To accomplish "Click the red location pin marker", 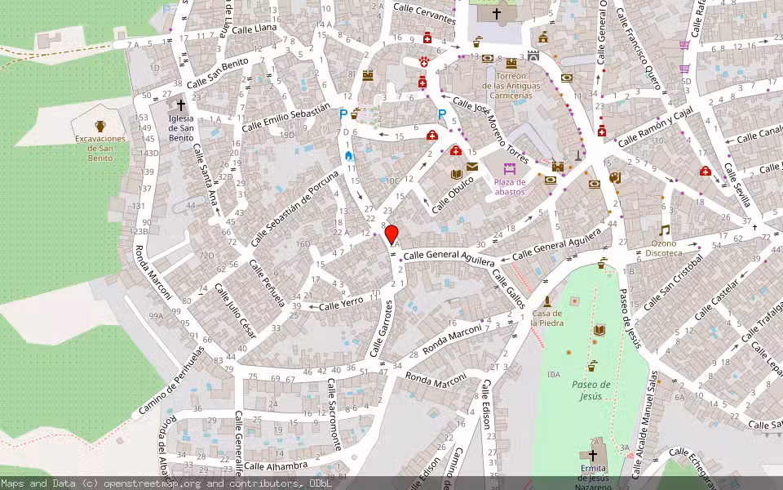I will pos(391,234).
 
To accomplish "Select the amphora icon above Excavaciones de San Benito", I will pos(100,126).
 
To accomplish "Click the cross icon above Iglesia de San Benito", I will pos(181,105).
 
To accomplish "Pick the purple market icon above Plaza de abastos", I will pos(498,169).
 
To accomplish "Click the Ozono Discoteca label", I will pos(666,248).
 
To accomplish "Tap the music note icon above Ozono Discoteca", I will pos(665,230).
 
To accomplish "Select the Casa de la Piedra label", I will pos(547,318).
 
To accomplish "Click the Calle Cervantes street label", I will pos(423,13).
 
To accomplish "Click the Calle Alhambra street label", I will pos(276,465).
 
